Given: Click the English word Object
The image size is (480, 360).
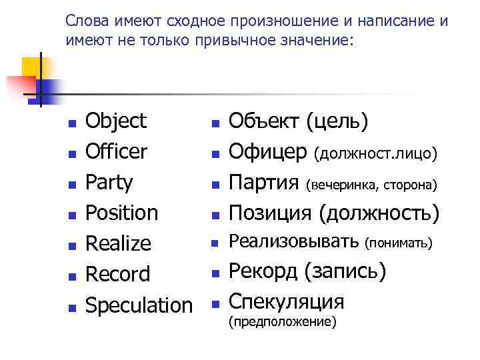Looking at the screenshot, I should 117,121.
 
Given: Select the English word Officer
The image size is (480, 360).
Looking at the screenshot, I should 117,152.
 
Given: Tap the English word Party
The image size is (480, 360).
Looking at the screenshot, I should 110,183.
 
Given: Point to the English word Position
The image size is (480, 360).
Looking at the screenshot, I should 123,213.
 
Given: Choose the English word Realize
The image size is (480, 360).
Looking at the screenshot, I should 119,244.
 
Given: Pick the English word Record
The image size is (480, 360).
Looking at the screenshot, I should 119,275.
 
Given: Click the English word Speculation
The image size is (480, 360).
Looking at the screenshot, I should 139,305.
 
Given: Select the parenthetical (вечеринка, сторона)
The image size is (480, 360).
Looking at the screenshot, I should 371,185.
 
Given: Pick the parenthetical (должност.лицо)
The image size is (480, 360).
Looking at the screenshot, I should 376,155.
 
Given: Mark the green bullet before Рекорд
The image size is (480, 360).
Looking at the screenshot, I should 215,273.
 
